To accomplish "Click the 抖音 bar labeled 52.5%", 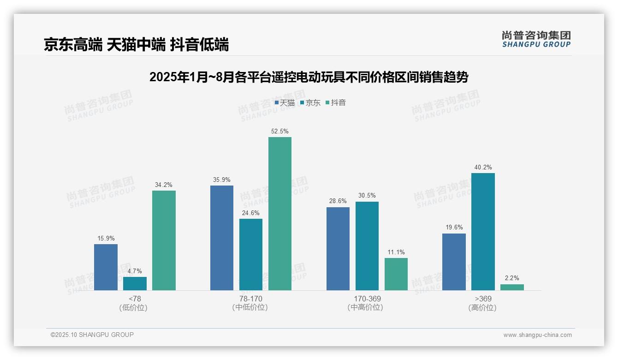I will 280,214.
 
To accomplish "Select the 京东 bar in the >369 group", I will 483,232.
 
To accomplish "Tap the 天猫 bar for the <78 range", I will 106,267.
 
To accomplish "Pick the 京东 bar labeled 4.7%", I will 135,283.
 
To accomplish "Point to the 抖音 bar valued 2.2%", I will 512,287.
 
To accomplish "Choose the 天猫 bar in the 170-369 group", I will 338,249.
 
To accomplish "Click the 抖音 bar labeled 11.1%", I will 396,274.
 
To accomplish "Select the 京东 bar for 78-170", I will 251,254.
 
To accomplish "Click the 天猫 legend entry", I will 285,103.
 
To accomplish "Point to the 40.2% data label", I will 483,168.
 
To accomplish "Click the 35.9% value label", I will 222,180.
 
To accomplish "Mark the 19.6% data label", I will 454,228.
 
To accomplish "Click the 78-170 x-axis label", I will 251,299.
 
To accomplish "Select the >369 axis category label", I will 483,299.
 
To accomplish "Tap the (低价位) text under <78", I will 133,307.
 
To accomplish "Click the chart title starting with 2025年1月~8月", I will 309,77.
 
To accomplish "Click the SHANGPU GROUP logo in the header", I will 536,39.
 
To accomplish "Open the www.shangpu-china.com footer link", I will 537,335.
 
